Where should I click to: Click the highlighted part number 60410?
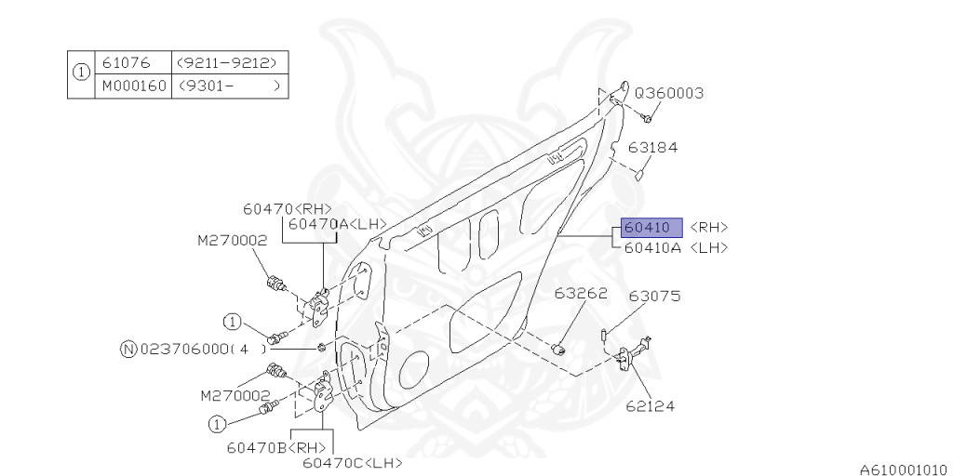648,228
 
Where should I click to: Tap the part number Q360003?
668,94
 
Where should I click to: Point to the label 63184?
651,147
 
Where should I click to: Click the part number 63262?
581,293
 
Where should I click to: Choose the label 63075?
654,297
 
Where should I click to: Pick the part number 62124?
650,406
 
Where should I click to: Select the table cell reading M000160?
131,86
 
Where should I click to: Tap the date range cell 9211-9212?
229,63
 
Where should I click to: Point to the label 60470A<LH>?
336,224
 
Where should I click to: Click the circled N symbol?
128,350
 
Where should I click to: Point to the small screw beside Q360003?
647,118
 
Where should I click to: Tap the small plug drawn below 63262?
560,349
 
